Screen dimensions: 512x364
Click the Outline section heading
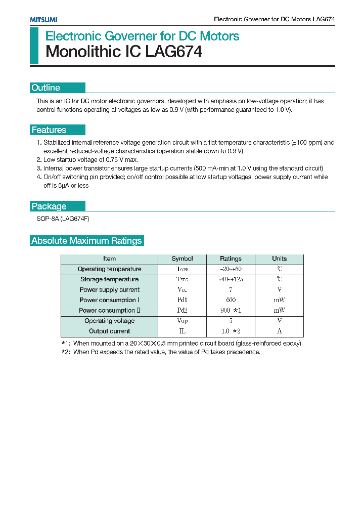46,88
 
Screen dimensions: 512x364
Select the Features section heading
49,130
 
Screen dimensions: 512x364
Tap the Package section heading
49,206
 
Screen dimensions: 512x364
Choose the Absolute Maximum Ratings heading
86,241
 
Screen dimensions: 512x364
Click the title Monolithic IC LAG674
124,52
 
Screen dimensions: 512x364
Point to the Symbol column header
182,259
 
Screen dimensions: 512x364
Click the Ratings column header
231,259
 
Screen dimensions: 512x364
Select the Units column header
279,259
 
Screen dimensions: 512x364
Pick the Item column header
109,259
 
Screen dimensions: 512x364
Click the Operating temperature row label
109,269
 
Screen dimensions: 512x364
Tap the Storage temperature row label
109,279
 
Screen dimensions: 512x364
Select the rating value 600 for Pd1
231,300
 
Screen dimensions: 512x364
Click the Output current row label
109,331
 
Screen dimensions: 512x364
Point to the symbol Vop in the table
182,321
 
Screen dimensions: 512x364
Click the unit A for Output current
279,331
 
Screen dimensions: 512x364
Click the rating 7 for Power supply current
231,290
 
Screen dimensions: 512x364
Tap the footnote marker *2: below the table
66,352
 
